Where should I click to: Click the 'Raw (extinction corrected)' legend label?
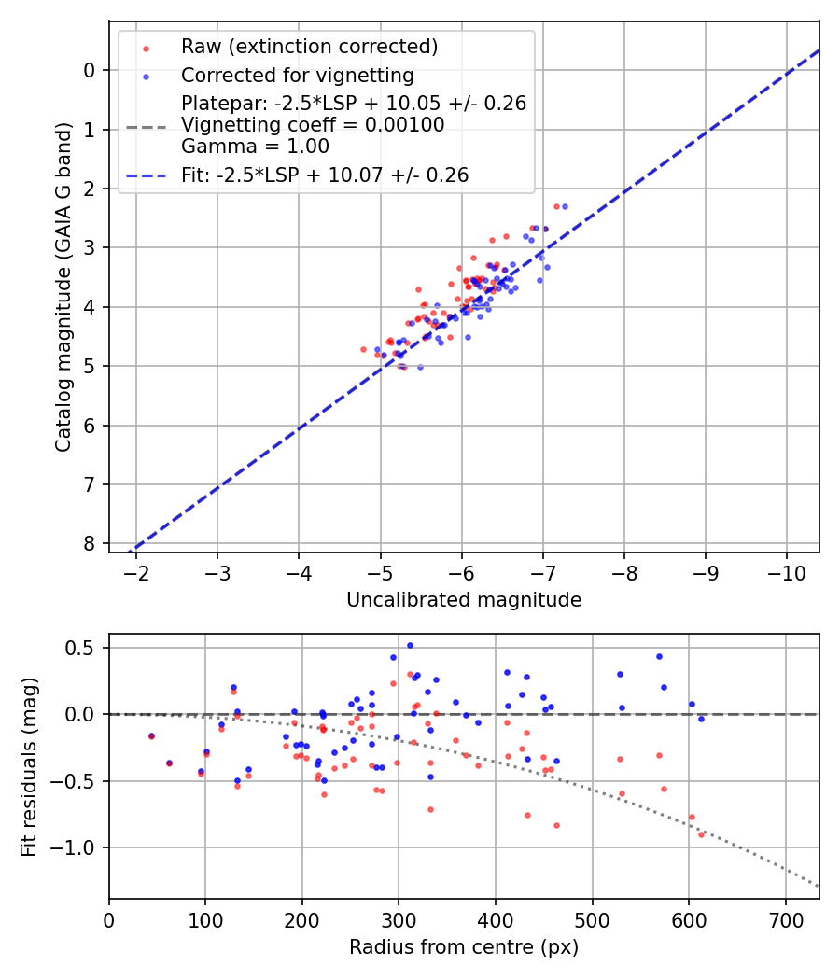309,47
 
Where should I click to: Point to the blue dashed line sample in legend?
144,175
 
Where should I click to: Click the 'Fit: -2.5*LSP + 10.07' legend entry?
324,175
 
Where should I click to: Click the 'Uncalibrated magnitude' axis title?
464,600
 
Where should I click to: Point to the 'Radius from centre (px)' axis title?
464,947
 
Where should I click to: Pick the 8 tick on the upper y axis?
90,543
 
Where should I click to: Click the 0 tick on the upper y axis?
90,70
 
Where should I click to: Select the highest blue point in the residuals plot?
410,645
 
